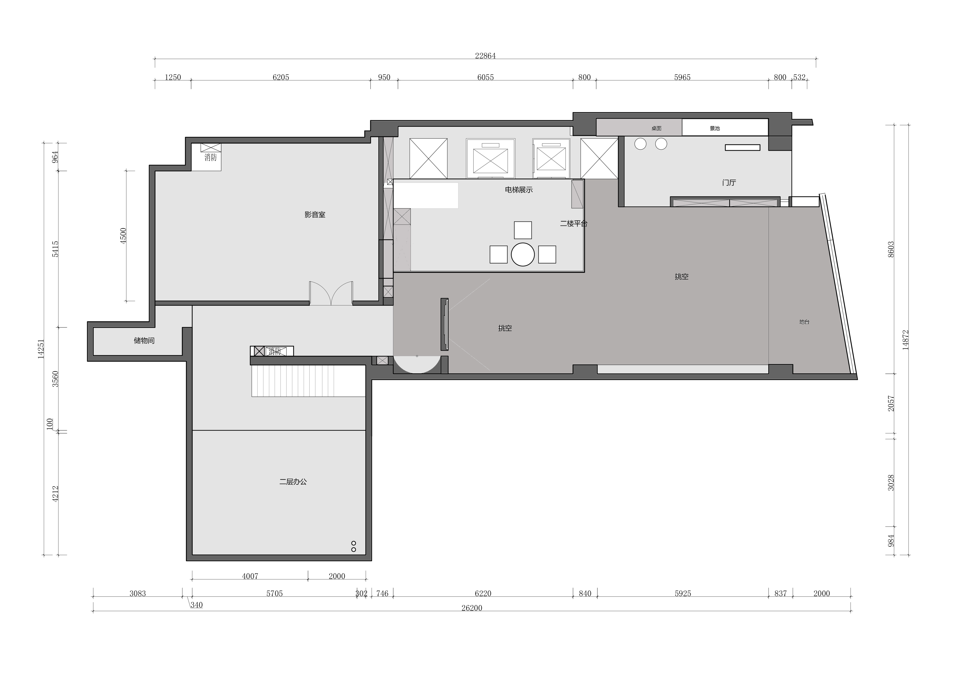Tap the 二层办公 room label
point(293,482)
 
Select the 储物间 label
point(144,341)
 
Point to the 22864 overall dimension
point(485,56)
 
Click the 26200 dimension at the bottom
point(472,608)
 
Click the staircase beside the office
point(308,381)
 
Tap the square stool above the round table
point(523,230)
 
